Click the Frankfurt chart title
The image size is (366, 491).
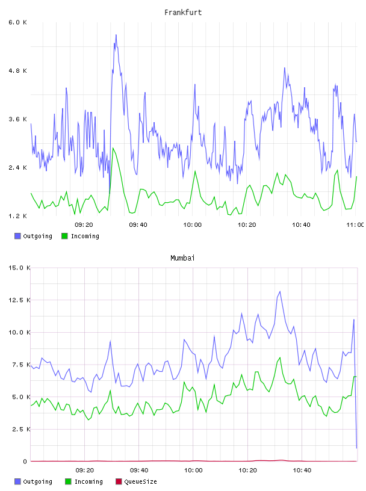[183, 13]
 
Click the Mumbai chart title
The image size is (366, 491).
[182, 258]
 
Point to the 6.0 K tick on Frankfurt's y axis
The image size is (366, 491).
[17, 22]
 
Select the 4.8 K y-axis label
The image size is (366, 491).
[17, 71]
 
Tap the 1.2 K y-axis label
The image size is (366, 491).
[17, 216]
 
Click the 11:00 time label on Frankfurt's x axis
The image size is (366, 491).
[355, 225]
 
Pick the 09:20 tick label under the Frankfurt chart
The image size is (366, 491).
[84, 225]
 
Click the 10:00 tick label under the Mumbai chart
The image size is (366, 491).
[193, 471]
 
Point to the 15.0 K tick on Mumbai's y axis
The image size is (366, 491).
[19, 268]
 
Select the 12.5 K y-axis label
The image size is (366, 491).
[19, 300]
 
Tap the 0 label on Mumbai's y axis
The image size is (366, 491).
[25, 462]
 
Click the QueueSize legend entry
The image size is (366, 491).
[136, 481]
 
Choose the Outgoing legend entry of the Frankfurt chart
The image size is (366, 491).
[33, 236]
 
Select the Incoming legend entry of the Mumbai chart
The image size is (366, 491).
[84, 481]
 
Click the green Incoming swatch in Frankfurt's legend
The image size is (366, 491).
[64, 236]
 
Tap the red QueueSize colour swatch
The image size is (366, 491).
[119, 481]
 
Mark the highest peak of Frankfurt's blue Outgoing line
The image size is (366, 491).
[116, 35]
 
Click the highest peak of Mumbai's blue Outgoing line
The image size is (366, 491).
[280, 291]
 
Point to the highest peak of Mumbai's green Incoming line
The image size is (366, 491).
[280, 357]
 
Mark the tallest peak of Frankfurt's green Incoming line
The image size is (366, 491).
[113, 148]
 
